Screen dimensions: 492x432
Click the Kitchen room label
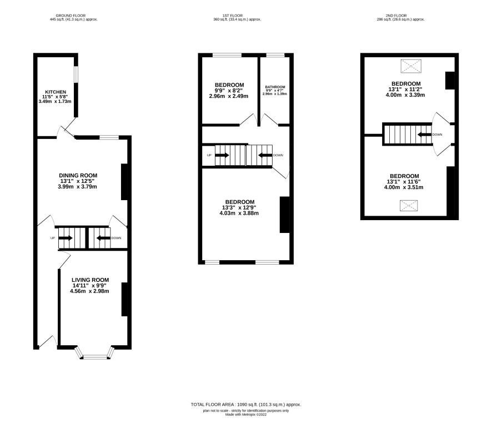pos(56,92)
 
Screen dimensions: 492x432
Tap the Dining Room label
pos(78,175)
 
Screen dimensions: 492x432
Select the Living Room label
pos(91,280)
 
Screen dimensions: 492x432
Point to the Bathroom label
pos(275,87)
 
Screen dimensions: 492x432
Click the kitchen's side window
pos(76,74)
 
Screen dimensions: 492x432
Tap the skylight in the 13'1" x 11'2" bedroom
pos(411,66)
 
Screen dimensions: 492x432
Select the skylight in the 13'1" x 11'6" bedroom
pos(409,206)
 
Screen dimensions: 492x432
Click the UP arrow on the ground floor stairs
pos(66,238)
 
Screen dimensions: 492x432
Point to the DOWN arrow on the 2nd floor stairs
pos(424,135)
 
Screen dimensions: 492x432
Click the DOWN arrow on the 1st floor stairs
pos(265,155)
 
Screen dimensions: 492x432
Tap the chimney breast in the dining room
pos(124,182)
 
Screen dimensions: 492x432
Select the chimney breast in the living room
pos(124,300)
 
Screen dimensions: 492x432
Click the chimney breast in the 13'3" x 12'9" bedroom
pos(285,215)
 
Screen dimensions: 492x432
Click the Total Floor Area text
pos(245,404)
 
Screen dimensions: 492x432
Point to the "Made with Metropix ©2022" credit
pos(245,414)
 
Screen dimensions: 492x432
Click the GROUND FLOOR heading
pos(71,16)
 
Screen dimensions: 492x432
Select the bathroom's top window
pos(275,55)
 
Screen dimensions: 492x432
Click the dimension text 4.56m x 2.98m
pos(89,291)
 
